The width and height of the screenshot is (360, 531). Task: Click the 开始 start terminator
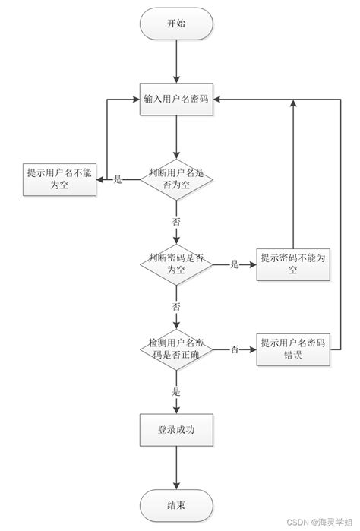pyautogui.click(x=176, y=24)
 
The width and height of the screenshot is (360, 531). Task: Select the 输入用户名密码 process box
pyautogui.click(x=176, y=100)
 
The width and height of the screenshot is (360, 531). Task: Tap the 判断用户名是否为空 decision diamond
pyautogui.click(x=176, y=180)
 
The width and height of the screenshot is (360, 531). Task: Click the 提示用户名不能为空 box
pyautogui.click(x=59, y=179)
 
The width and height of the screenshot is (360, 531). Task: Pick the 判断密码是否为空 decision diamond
pyautogui.click(x=176, y=264)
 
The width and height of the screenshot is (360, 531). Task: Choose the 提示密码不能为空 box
pyautogui.click(x=292, y=264)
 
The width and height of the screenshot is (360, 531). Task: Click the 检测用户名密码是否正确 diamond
pyautogui.click(x=176, y=349)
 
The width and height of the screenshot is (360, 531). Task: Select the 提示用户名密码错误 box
pyautogui.click(x=292, y=349)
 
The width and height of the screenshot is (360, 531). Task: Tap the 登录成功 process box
pyautogui.click(x=176, y=430)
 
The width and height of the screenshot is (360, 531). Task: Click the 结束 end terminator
pyautogui.click(x=176, y=504)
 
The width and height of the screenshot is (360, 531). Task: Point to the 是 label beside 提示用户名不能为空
pyautogui.click(x=118, y=180)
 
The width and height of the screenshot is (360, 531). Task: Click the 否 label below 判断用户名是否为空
pyautogui.click(x=176, y=222)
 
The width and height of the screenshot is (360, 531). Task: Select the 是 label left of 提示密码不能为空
pyautogui.click(x=235, y=264)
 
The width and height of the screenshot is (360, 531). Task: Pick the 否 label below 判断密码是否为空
pyautogui.click(x=176, y=307)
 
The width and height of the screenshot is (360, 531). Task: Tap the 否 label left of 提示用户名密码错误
pyautogui.click(x=235, y=349)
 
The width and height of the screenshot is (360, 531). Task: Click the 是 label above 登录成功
pyautogui.click(x=176, y=392)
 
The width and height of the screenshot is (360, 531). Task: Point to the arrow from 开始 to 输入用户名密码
pyautogui.click(x=176, y=61)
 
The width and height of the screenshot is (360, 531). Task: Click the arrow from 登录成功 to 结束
pyautogui.click(x=176, y=466)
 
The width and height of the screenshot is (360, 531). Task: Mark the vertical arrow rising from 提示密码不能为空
pyautogui.click(x=292, y=175)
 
